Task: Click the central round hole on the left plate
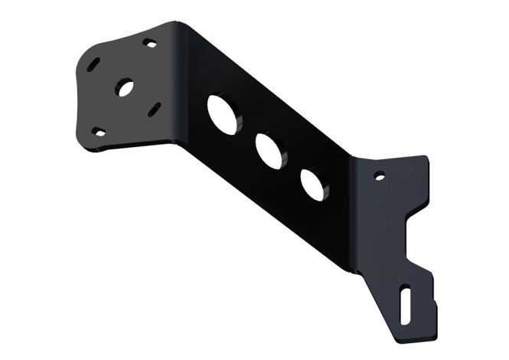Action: coord(124,87)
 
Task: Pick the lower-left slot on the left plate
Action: coord(99,132)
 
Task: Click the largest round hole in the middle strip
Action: coord(223,113)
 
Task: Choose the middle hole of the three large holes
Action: coord(269,151)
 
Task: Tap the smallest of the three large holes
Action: coord(312,185)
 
